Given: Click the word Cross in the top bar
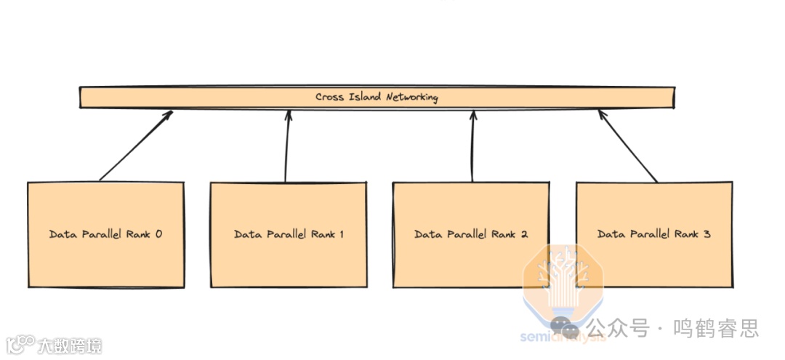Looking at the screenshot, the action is [329, 97].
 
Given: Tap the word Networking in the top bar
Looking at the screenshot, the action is [411, 97].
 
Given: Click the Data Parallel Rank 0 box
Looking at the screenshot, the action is [105, 234].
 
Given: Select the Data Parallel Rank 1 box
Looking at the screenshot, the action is [289, 234].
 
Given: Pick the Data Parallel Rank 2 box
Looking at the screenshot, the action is [471, 234].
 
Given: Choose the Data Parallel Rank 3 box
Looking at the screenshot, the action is [654, 234].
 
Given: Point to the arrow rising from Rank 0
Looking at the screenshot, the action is [136, 145].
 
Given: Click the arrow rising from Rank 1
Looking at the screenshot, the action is [287, 145].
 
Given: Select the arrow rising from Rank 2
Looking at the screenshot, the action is [472, 145].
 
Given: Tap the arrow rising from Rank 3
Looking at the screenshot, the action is [628, 145].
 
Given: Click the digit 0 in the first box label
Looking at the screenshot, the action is [158, 234].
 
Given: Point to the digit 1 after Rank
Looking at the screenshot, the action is [341, 234].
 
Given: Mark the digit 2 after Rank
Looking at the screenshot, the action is [523, 234].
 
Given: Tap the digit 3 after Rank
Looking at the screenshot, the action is [706, 234].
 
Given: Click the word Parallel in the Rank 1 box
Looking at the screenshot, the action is [284, 234].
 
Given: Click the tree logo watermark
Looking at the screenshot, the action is [563, 280].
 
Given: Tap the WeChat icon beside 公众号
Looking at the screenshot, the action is [565, 329].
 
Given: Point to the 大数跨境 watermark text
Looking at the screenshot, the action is [71, 345].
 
